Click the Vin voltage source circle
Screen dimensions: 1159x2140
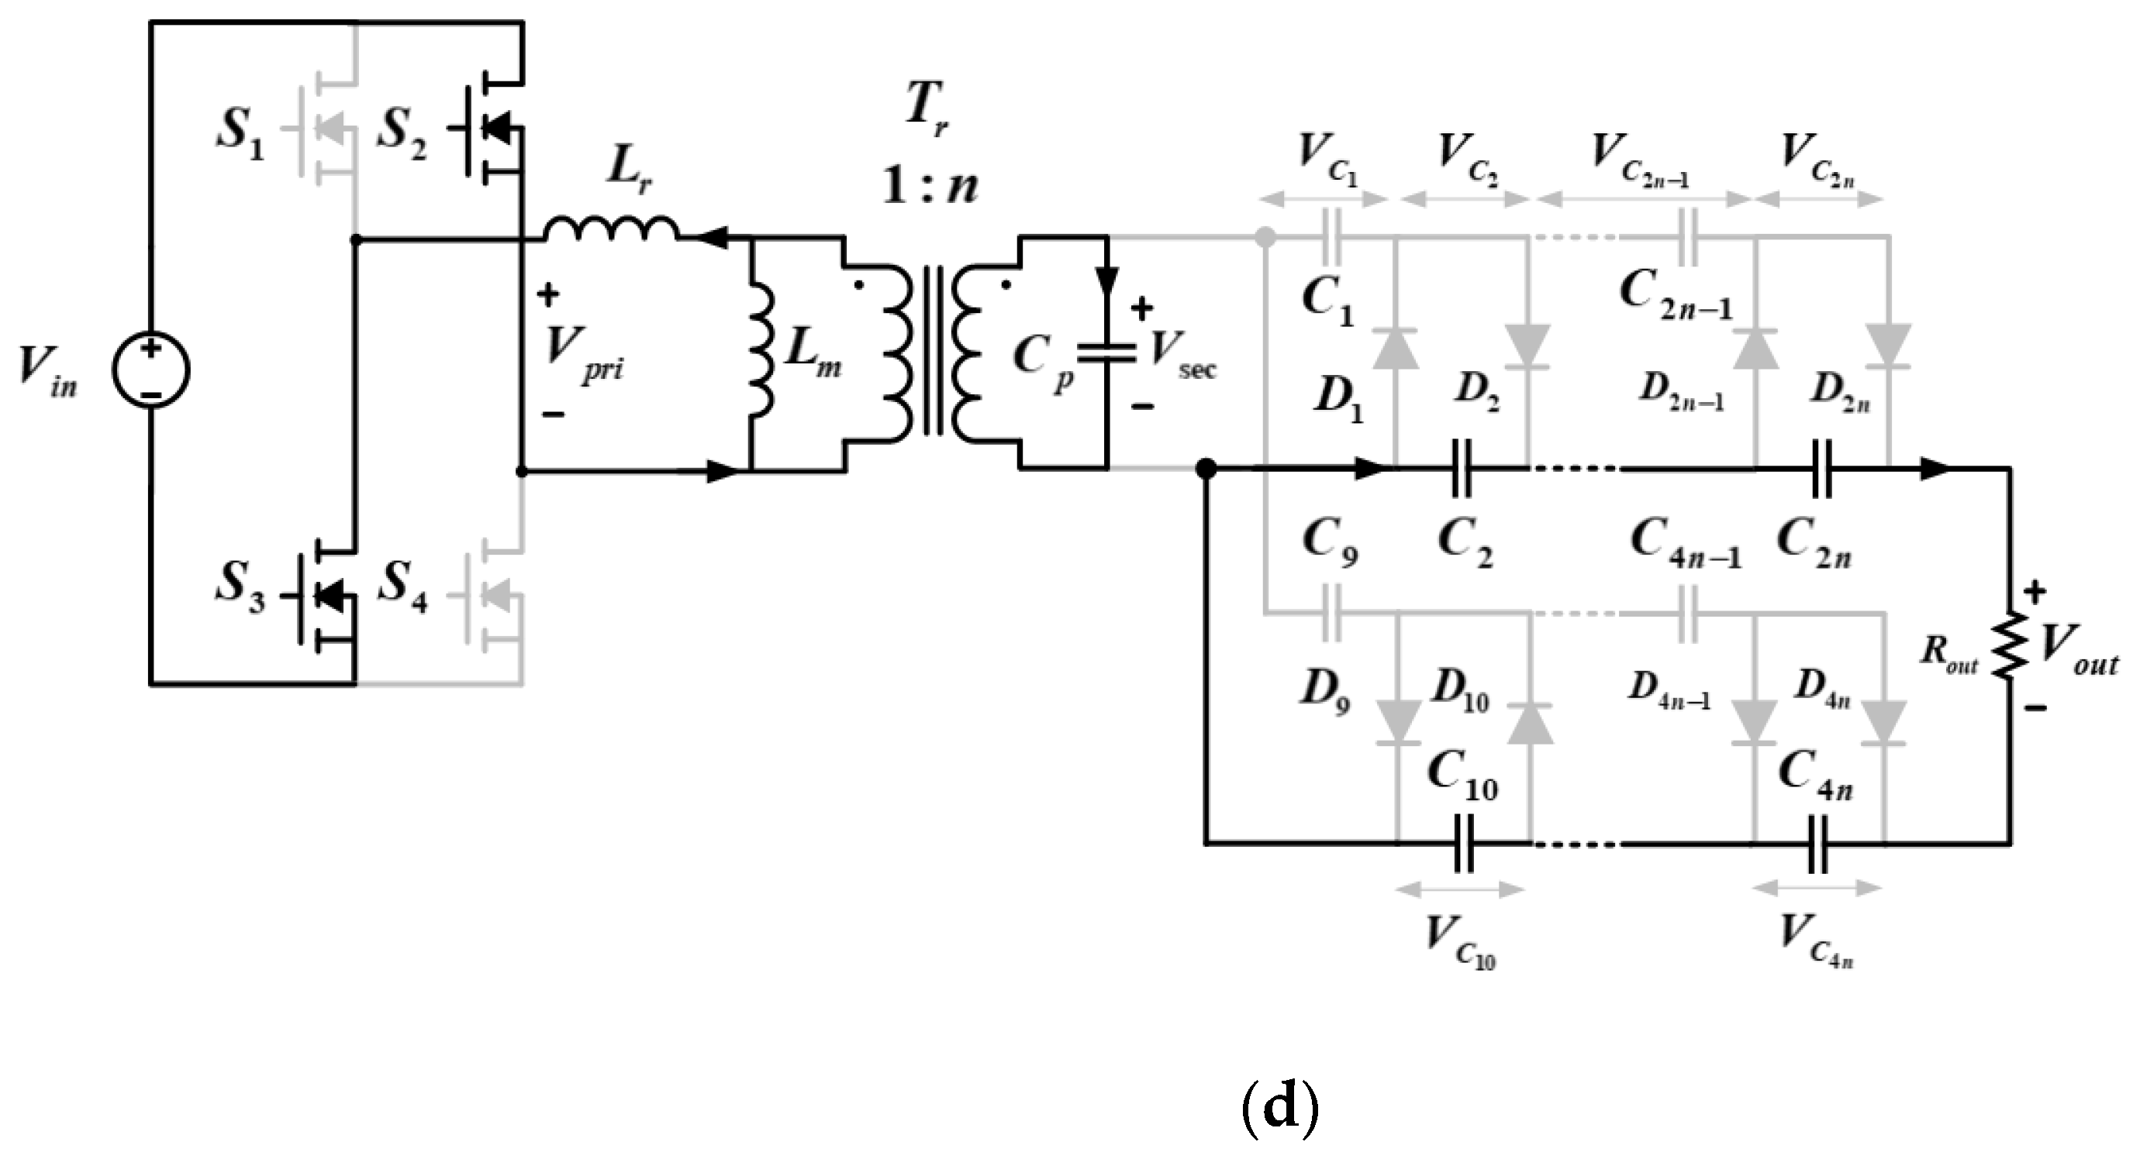150,370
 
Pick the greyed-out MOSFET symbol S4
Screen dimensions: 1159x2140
490,594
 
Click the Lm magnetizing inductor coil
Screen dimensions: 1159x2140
760,349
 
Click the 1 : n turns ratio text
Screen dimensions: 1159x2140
929,184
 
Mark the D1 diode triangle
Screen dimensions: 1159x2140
1395,349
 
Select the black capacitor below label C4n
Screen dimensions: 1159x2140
1817,844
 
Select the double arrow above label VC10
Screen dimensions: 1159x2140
1462,890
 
